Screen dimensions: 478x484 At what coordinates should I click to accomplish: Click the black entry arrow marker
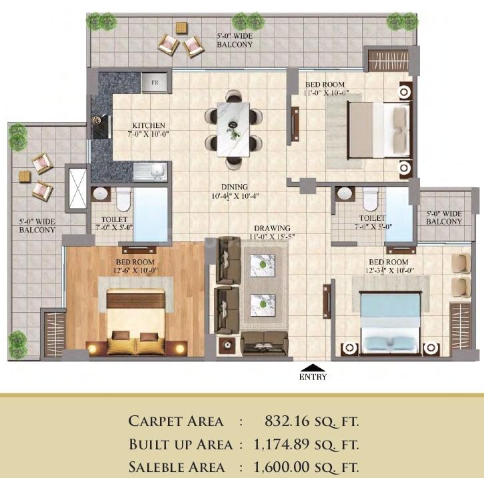point(313,367)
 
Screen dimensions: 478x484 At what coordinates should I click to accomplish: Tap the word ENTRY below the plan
point(313,377)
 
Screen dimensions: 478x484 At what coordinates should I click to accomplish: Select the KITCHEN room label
point(148,125)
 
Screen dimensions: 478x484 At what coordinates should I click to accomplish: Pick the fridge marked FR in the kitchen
point(154,83)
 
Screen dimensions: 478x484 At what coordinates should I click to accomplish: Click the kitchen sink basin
point(157,171)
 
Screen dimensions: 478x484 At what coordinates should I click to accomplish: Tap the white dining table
point(233,129)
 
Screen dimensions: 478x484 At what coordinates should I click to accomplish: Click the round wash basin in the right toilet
point(345,193)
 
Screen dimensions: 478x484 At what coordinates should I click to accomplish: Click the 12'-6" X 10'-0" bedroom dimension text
point(135,271)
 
